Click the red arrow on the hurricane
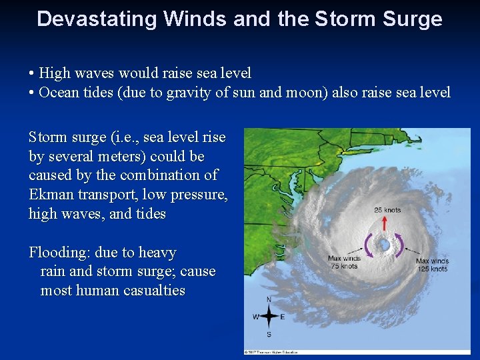(384, 224)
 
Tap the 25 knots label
(387, 210)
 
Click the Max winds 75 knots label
(345, 262)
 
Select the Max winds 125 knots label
(431, 265)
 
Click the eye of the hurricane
(385, 245)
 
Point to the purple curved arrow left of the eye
(368, 245)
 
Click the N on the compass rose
(269, 299)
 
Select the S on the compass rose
(269, 333)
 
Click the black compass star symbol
(269, 317)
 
